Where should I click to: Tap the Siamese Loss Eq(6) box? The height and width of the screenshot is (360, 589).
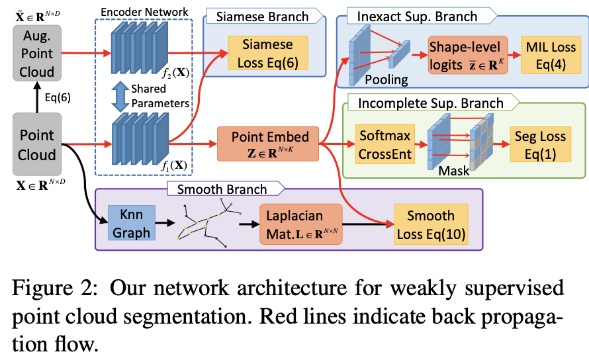click(x=260, y=53)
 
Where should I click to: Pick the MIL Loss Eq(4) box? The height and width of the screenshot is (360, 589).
click(x=551, y=55)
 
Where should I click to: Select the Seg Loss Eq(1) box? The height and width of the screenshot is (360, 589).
click(x=541, y=145)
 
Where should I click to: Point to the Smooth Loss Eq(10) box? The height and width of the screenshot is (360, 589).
click(x=430, y=223)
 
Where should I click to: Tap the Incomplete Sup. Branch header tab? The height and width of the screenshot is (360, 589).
click(x=430, y=103)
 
